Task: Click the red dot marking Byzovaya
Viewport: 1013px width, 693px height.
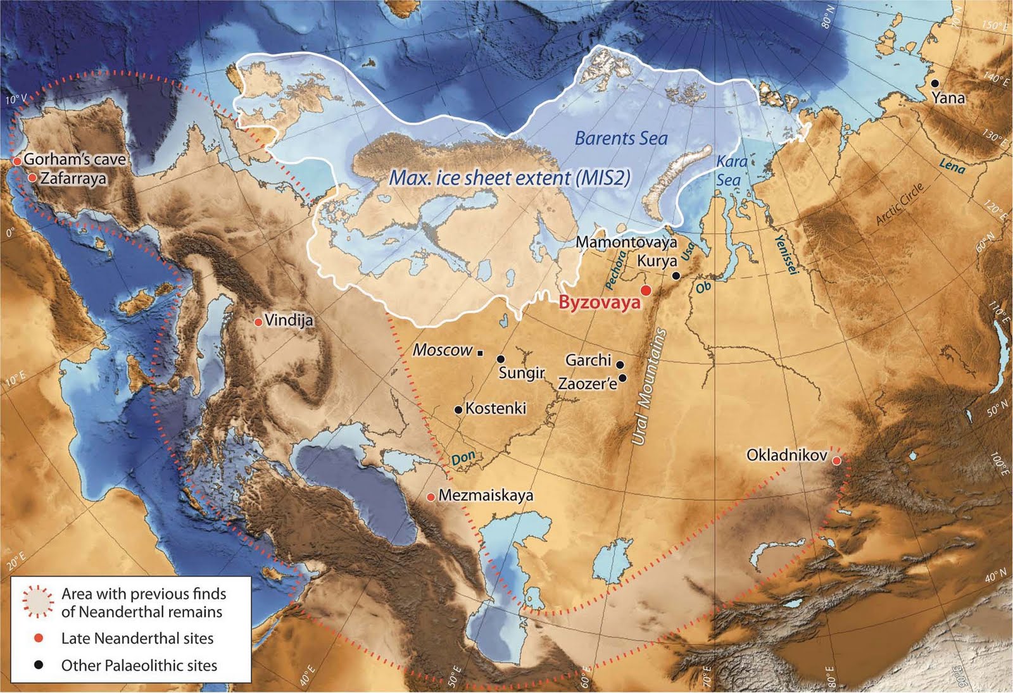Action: point(646,290)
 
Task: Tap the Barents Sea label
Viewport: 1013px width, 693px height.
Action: point(620,138)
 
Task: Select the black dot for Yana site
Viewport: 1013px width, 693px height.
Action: point(934,84)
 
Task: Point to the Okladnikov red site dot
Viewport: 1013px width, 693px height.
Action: point(836,461)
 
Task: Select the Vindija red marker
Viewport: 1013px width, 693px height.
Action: point(258,322)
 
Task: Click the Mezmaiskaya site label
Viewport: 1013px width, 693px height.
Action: point(486,495)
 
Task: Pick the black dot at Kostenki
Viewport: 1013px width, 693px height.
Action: point(458,410)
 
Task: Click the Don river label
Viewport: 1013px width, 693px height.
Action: point(463,458)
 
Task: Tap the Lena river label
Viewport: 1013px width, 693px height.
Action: point(952,166)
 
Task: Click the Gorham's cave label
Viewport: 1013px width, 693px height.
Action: point(75,159)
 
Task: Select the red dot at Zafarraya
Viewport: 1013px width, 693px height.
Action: point(32,178)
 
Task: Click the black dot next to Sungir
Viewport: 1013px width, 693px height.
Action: point(501,359)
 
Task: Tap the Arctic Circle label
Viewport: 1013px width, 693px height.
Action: point(900,204)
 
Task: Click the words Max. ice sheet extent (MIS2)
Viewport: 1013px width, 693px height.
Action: point(510,178)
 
